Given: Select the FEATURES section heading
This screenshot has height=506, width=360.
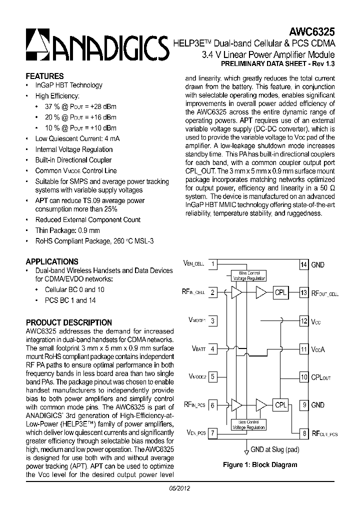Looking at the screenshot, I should click(x=44, y=76).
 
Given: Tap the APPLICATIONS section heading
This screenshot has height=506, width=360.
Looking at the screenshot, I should click(x=52, y=261).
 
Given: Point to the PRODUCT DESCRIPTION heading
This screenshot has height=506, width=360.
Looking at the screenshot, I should click(x=69, y=322).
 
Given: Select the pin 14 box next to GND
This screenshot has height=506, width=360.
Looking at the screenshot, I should click(x=303, y=264).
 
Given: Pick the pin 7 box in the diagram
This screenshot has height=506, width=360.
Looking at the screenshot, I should click(x=213, y=433).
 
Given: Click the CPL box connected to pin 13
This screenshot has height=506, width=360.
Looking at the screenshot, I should click(x=281, y=293).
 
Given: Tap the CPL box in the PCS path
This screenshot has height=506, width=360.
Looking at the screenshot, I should click(x=281, y=405).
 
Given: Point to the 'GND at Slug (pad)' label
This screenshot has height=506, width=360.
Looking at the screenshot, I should click(x=275, y=449).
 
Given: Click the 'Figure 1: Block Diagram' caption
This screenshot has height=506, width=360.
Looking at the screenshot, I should click(x=260, y=464).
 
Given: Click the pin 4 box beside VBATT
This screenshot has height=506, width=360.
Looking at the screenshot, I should click(x=213, y=349).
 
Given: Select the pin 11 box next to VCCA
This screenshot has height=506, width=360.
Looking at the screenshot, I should click(x=303, y=349).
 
